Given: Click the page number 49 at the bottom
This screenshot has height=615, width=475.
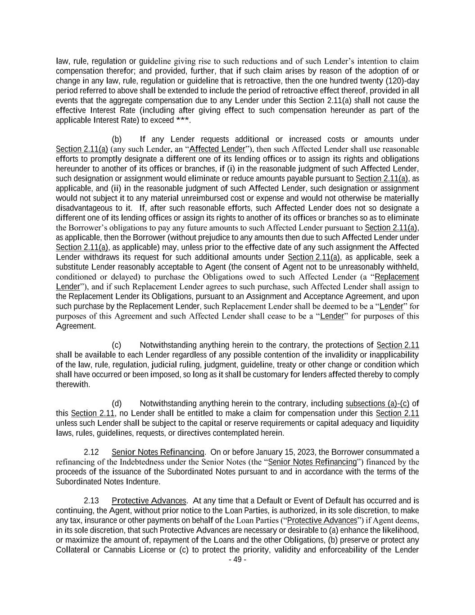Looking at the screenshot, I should click(x=237, y=560).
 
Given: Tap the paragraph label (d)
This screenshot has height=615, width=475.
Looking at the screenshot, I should click(x=117, y=404).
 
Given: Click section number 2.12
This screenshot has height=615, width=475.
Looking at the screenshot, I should click(x=91, y=452).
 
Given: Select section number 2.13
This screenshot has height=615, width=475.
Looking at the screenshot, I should click(x=91, y=501).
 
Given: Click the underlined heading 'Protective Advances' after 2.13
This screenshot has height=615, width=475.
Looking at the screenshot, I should click(x=149, y=501).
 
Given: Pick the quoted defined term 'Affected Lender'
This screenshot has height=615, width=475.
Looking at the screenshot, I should click(x=217, y=149).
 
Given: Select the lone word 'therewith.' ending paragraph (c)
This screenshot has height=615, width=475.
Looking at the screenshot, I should click(x=73, y=385).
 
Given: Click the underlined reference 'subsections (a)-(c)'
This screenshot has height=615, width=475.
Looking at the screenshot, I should click(x=377, y=404).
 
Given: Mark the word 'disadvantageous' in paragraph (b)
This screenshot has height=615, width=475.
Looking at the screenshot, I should click(x=85, y=208).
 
